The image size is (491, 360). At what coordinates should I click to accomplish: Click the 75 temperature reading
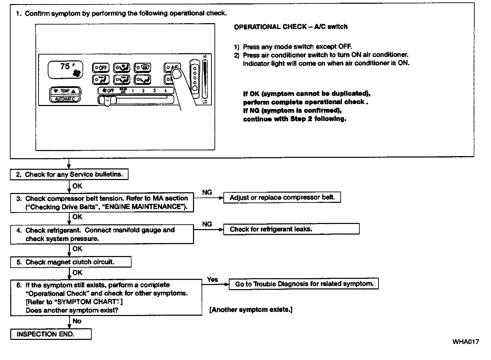[x=65, y=66]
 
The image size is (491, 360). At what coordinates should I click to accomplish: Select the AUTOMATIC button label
[x=65, y=99]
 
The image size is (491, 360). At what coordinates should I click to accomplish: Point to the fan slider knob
[x=107, y=101]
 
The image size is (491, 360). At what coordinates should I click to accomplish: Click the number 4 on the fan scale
[x=165, y=91]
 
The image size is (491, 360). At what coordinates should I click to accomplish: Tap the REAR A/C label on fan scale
[x=123, y=90]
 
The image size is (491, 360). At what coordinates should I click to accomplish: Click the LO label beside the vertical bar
[x=205, y=102]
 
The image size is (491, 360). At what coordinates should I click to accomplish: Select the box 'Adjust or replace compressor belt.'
[x=282, y=197]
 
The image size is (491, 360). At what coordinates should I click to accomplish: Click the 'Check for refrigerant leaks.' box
[x=291, y=229]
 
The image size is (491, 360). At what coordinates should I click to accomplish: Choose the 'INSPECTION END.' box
[x=51, y=334]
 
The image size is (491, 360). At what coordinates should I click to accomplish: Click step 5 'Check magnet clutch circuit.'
[x=71, y=262]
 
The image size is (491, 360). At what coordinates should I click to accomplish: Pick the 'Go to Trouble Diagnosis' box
[x=303, y=284]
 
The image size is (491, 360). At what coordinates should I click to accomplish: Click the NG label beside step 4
[x=207, y=224]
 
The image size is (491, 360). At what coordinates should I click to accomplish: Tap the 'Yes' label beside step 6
[x=212, y=279]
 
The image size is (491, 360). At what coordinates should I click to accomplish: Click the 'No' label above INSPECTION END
[x=77, y=321]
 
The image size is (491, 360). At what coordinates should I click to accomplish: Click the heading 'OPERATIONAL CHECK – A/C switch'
[x=291, y=27]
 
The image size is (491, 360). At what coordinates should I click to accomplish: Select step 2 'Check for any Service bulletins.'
[x=69, y=175]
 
